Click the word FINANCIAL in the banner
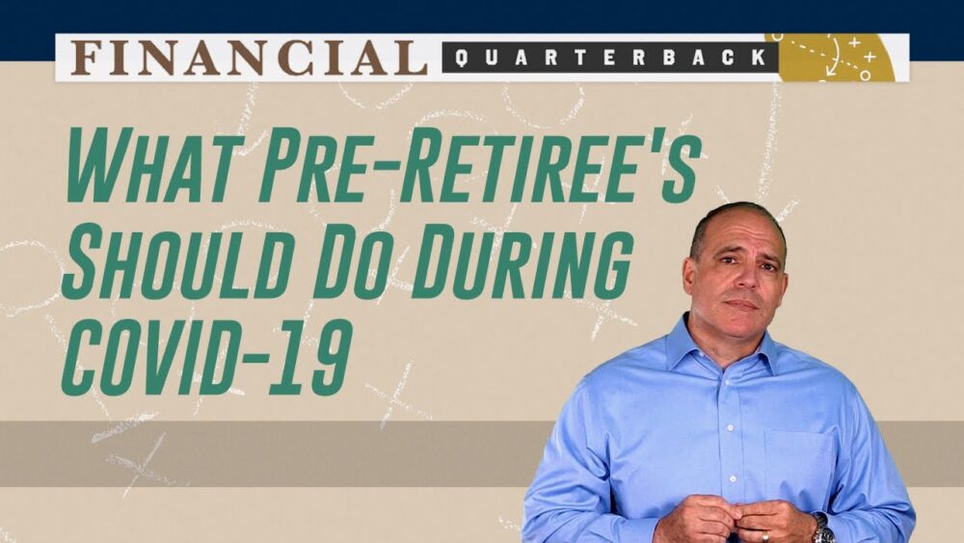click(249, 58)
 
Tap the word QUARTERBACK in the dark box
click(610, 58)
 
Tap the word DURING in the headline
click(522, 265)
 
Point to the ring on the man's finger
click(764, 537)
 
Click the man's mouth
click(740, 305)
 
